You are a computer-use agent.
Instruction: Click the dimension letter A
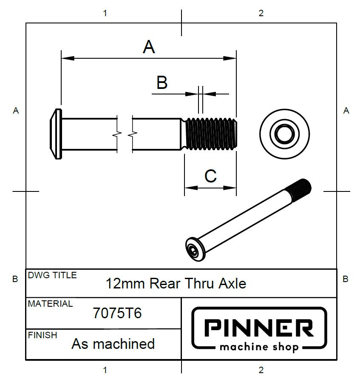click(x=149, y=47)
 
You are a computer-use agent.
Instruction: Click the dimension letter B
click(x=162, y=83)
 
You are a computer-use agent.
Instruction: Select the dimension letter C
click(x=210, y=175)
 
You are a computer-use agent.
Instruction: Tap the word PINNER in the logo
click(x=259, y=328)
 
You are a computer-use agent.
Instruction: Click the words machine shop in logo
click(x=259, y=347)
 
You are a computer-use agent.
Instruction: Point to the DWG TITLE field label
click(x=52, y=275)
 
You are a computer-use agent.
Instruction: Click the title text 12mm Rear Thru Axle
click(x=176, y=283)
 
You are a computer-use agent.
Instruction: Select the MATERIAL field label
click(x=50, y=304)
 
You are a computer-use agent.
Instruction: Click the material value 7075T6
click(x=117, y=314)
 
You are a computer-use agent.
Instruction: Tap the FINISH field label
click(x=43, y=335)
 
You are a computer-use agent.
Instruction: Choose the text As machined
click(x=113, y=344)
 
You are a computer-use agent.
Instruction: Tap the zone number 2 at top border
click(x=261, y=13)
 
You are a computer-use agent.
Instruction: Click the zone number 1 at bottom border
click(x=105, y=370)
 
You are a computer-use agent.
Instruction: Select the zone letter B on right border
click(x=346, y=279)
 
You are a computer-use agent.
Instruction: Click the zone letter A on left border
click(x=16, y=111)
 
